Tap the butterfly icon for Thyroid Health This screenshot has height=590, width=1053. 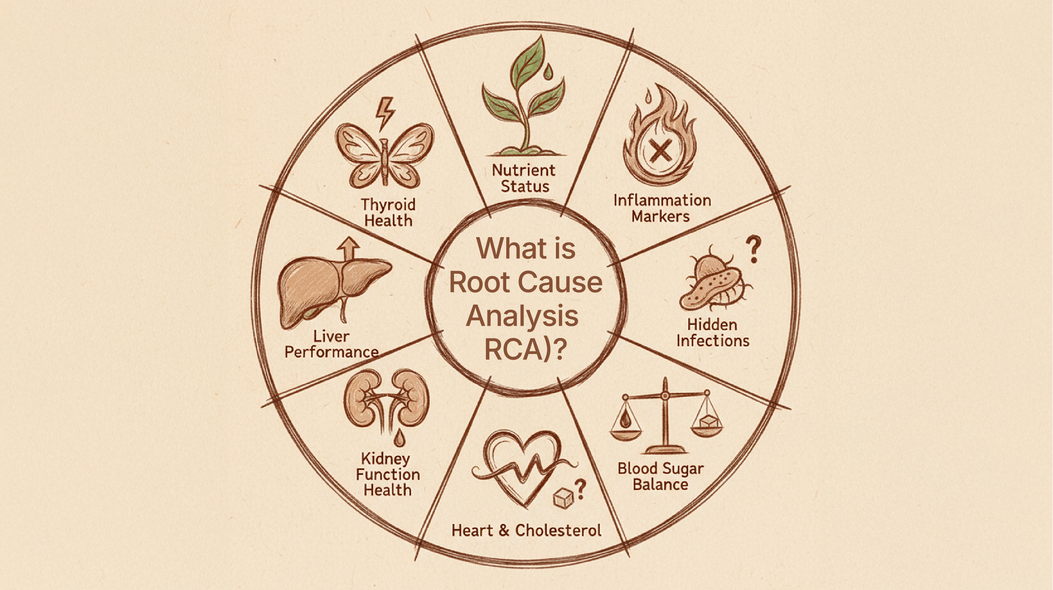click(x=384, y=155)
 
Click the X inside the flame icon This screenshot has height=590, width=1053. click(x=661, y=151)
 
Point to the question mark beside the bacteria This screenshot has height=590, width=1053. click(x=753, y=249)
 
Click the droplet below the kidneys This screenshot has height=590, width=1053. click(x=399, y=438)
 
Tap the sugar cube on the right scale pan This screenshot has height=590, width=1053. click(x=707, y=422)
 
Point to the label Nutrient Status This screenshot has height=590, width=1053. click(x=524, y=178)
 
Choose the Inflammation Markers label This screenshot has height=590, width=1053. click(x=662, y=208)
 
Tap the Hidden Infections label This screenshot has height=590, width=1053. click(x=713, y=333)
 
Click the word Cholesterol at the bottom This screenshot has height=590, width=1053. click(x=558, y=530)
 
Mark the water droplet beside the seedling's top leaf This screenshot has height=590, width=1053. click(x=548, y=72)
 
